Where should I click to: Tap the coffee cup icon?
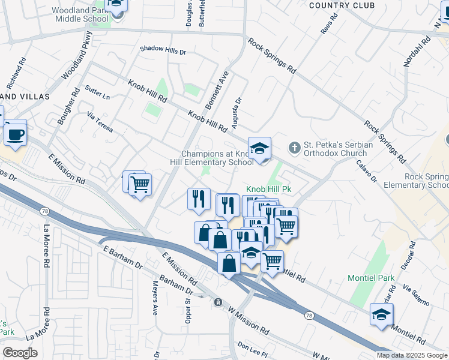click(15, 134)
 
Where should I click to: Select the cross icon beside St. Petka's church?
click(294, 146)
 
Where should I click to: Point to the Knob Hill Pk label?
click(269, 188)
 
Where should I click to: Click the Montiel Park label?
click(372, 278)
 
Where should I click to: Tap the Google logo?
click(20, 353)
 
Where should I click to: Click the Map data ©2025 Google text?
click(412, 355)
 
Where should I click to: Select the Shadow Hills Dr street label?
click(163, 50)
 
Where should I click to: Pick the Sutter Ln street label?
click(98, 94)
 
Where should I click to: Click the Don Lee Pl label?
click(252, 347)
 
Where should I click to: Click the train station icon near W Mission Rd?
click(218, 302)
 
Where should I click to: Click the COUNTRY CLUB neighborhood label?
click(342, 5)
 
